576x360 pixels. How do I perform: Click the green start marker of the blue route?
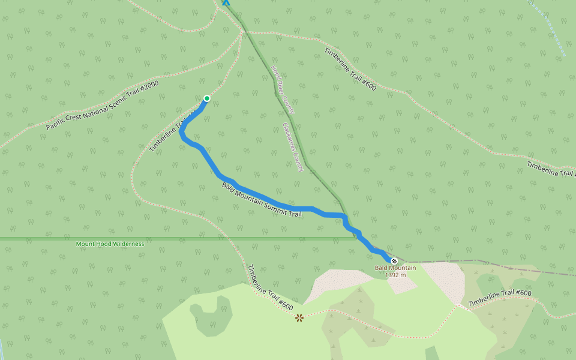(207, 98)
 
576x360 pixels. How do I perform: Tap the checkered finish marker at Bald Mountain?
(394, 260)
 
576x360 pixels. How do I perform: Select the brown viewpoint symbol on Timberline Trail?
(299, 317)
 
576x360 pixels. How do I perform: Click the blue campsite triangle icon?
(226, 2)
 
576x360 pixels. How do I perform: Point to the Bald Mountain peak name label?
(395, 268)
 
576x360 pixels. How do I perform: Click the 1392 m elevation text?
(396, 275)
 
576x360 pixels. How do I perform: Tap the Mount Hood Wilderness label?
(110, 244)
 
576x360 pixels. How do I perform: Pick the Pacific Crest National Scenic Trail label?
(103, 106)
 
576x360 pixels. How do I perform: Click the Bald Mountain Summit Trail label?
(261, 201)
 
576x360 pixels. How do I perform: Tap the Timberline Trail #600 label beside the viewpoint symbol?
(270, 289)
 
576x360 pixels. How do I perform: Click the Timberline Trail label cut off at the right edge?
(551, 169)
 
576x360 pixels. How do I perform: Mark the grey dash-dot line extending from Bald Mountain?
(480, 262)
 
